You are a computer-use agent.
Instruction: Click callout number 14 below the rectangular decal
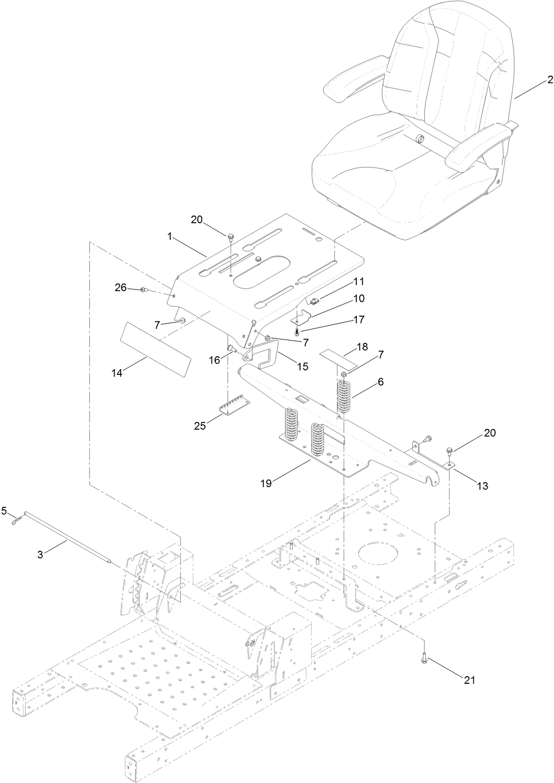pyautogui.click(x=117, y=373)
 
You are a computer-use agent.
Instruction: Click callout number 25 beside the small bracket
pyautogui.click(x=200, y=425)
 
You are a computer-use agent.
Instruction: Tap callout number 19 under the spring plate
pyautogui.click(x=266, y=483)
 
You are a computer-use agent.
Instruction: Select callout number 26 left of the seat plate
pyautogui.click(x=121, y=288)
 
